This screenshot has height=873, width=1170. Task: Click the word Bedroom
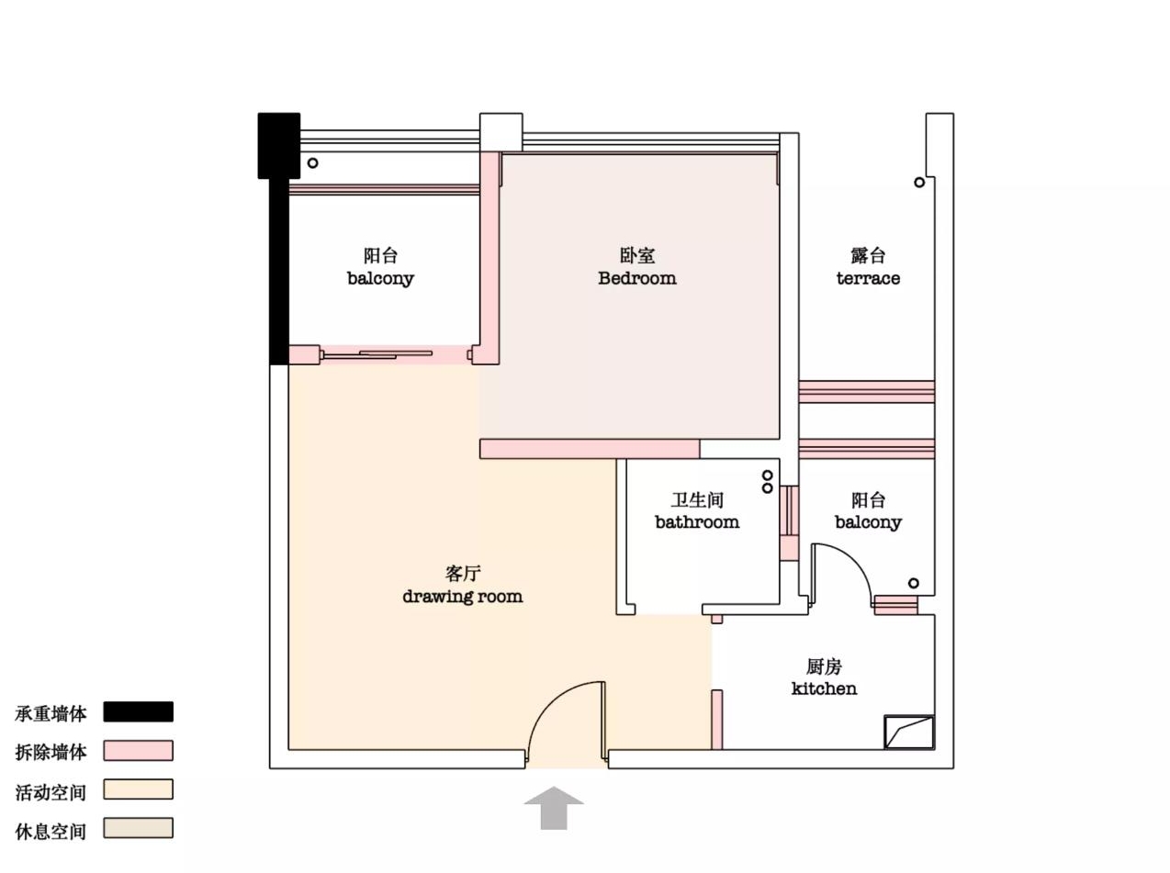click(x=637, y=278)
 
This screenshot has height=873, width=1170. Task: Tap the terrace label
click(x=868, y=278)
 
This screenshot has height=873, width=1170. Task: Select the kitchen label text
click(x=824, y=688)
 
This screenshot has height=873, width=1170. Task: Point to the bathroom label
click(x=697, y=521)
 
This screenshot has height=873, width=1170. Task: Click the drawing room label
click(x=462, y=596)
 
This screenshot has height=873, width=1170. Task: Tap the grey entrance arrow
click(x=554, y=807)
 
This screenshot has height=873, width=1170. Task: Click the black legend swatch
click(x=138, y=711)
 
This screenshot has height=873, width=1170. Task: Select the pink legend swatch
click(x=138, y=751)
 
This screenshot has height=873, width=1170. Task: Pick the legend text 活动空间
click(x=51, y=792)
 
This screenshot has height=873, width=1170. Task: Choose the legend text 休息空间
click(x=51, y=832)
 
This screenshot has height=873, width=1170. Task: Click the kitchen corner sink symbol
click(x=909, y=733)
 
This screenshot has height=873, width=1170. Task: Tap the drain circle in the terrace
click(x=919, y=182)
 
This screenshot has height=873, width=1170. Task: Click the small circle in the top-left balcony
click(x=313, y=163)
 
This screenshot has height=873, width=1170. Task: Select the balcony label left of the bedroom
click(x=380, y=267)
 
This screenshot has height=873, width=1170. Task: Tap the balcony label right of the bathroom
click(x=868, y=511)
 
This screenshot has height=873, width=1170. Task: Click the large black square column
click(x=279, y=145)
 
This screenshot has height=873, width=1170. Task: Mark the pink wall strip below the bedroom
click(x=590, y=449)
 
